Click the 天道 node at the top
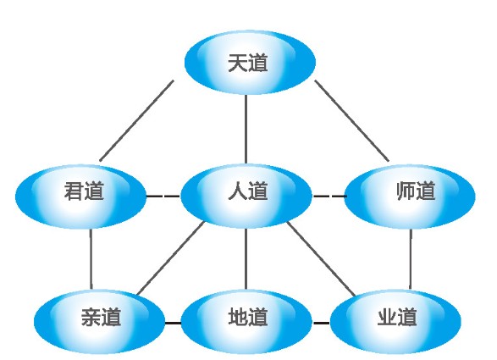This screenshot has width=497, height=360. coord(250,63)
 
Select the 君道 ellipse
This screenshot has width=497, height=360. coord(80,196)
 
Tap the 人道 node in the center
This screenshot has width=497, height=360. coord(246,196)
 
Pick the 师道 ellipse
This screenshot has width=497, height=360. coord(410,196)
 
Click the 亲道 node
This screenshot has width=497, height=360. coord(100,321)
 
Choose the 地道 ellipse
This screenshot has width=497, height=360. coord(246,321)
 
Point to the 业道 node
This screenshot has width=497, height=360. coord(395,321)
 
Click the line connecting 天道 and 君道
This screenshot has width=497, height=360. coord(136,120)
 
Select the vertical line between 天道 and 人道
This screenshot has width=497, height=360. coord(246,129)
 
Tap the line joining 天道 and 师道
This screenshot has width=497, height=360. coord(351,120)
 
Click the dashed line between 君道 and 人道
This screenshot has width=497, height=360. coord(163,196)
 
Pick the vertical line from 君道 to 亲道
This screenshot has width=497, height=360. coord(91,259)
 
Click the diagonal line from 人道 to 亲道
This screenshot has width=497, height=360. coord(172,258)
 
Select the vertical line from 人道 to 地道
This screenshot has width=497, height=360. coord(246,258)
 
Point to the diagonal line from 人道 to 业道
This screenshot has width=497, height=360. coord(321,259)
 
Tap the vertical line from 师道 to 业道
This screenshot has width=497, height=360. coord(411,259)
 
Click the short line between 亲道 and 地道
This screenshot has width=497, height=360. coord(173,324)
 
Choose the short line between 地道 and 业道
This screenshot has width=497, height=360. coord(321,324)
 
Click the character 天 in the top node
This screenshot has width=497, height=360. coord(238,63)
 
